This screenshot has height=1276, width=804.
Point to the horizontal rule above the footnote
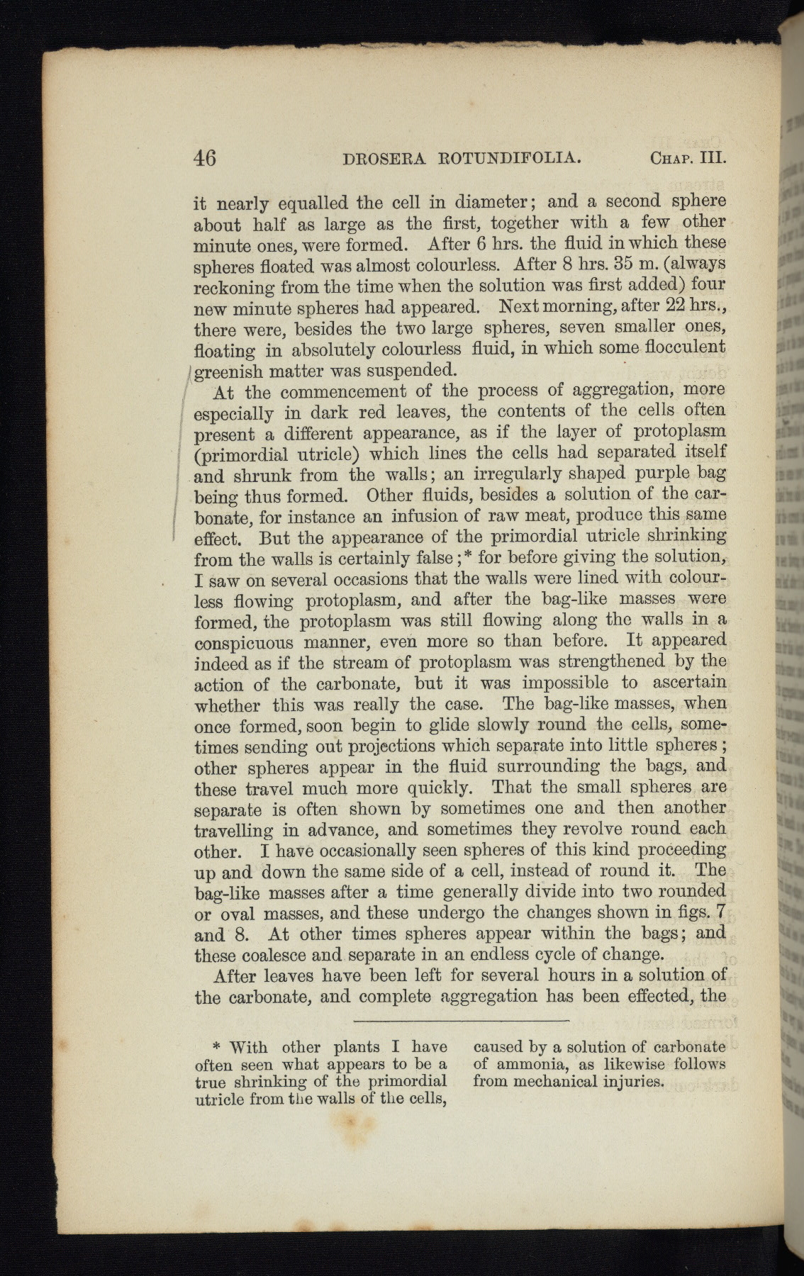pos(461,1021)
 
